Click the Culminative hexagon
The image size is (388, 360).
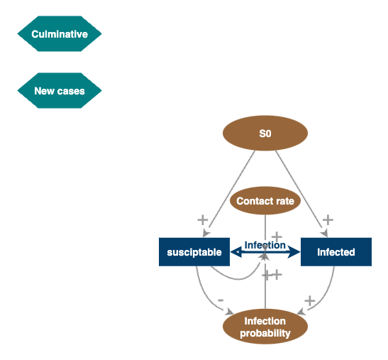point(60,34)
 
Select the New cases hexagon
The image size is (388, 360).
point(60,91)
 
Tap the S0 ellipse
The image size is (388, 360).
point(265,133)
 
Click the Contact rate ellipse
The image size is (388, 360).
point(265,201)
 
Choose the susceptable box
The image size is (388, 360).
point(194,252)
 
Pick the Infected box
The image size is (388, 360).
point(336,252)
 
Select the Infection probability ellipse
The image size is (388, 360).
point(265,327)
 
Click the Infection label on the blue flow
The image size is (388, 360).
point(265,246)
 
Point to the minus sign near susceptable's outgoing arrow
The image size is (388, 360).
point(221,300)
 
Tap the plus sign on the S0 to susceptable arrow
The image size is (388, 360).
point(202,219)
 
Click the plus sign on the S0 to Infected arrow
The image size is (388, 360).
point(328,219)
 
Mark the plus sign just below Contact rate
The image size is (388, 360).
point(277,236)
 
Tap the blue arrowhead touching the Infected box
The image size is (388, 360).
point(296,252)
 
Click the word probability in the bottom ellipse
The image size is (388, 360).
point(265,333)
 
